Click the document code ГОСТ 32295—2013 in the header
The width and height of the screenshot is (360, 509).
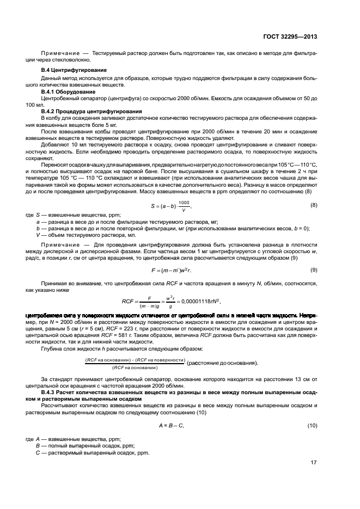pyautogui.click(x=289, y=36)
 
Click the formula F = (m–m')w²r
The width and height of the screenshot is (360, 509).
pyautogui.click(x=170, y=270)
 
